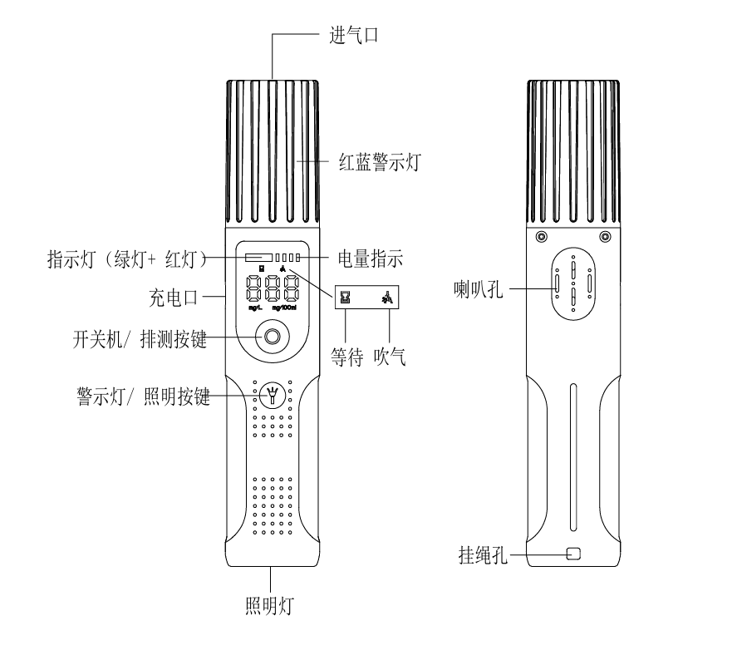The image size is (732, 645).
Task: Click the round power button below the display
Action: point(272,337)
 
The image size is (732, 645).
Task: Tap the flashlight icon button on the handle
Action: point(272,396)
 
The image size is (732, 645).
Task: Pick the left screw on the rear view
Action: point(542,237)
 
